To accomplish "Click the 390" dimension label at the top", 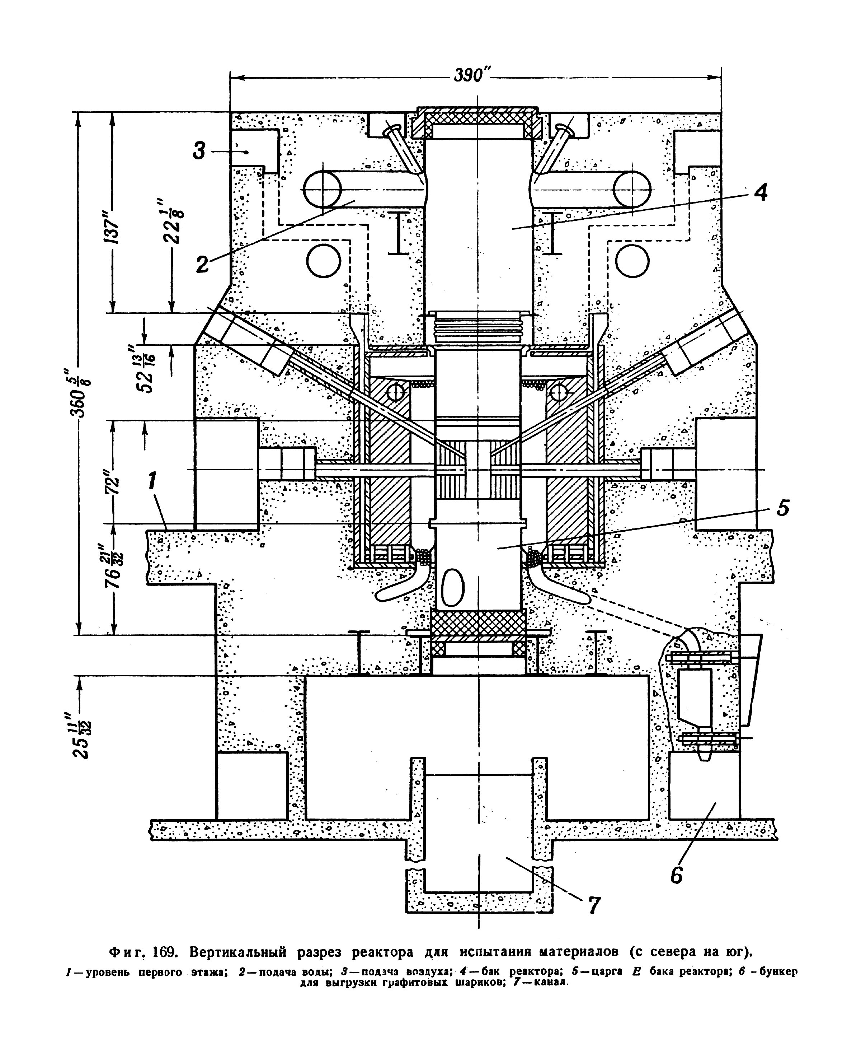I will (x=472, y=76).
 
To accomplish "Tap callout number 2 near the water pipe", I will (x=202, y=264).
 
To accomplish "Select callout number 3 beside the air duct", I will (x=198, y=150).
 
